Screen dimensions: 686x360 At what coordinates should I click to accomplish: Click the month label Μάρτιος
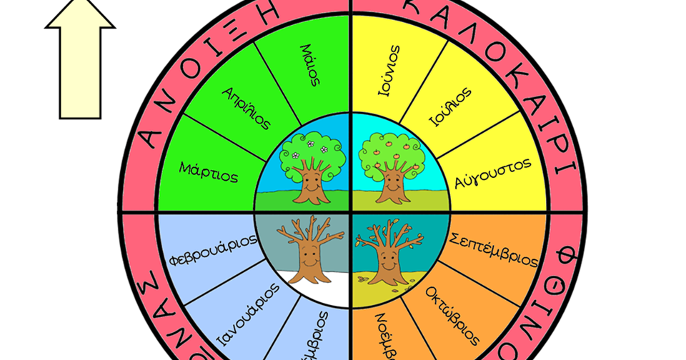coord(209,171)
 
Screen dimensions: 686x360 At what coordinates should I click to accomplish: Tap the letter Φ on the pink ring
coord(565,256)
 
